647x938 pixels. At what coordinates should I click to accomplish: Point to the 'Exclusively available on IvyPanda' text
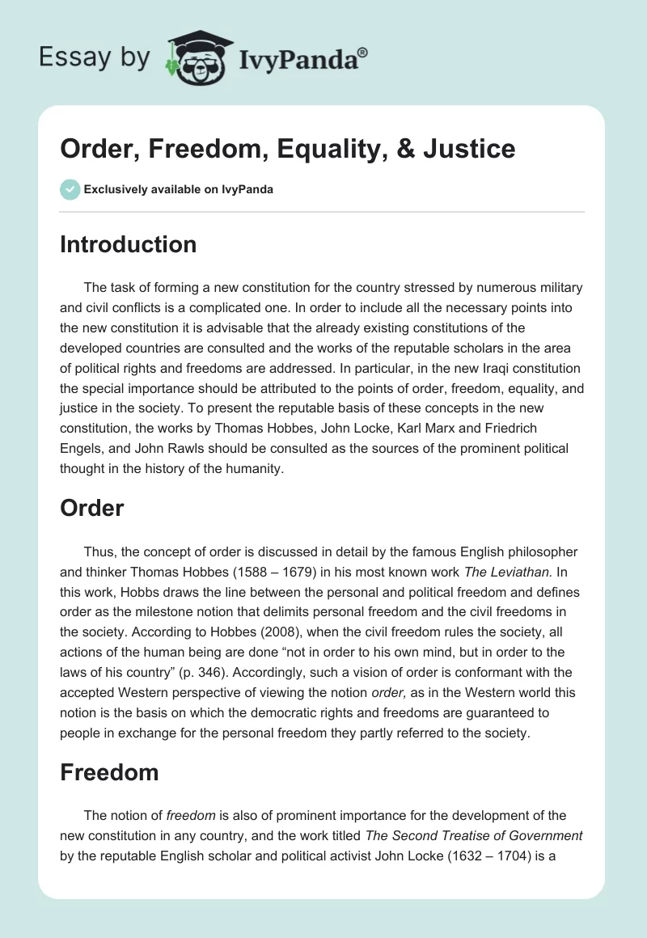coord(178,189)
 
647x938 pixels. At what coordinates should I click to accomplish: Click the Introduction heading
coord(128,244)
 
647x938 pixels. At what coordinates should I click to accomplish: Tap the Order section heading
coord(91,508)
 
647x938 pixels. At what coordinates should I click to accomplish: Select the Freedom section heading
coord(109,772)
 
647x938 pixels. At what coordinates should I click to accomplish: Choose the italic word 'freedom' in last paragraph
coord(188,817)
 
